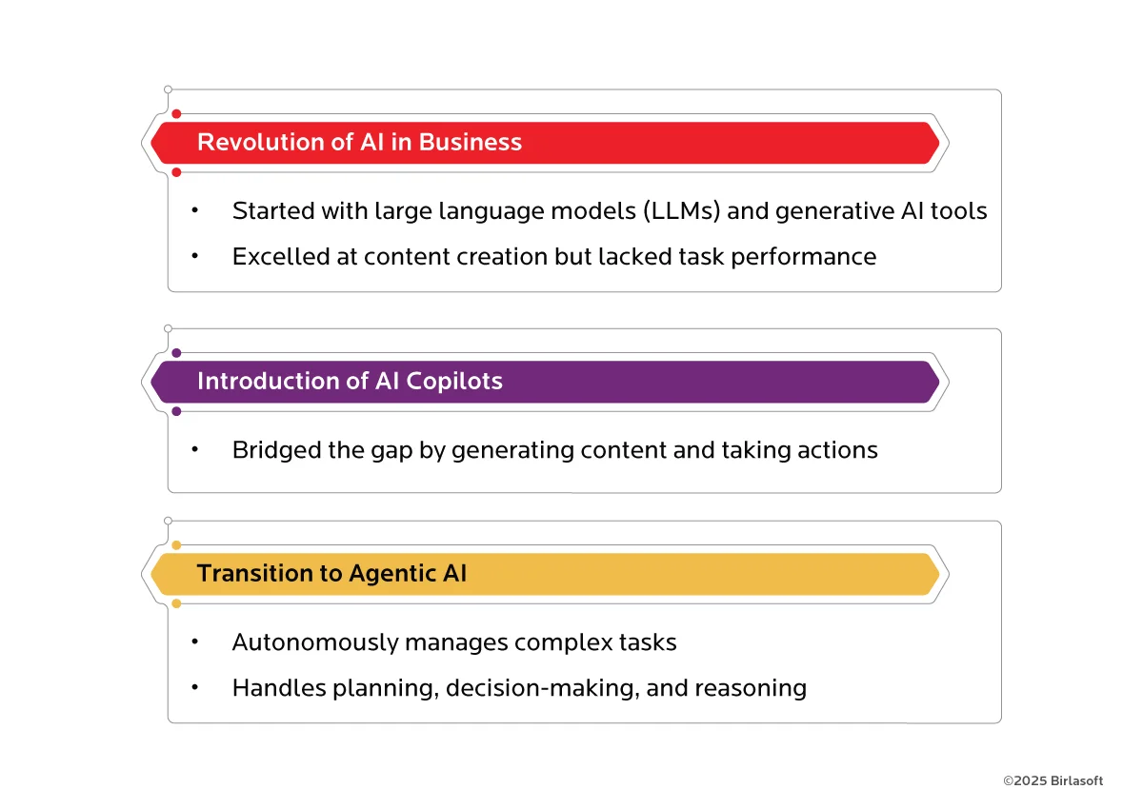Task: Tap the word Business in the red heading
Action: pyautogui.click(x=471, y=143)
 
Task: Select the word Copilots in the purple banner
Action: pyautogui.click(x=454, y=382)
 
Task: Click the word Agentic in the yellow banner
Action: pyautogui.click(x=391, y=574)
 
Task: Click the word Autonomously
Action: pyautogui.click(x=314, y=643)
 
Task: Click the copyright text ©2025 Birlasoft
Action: pyautogui.click(x=1053, y=780)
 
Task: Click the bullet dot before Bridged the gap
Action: pyautogui.click(x=194, y=449)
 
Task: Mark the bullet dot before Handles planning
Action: pyautogui.click(x=194, y=687)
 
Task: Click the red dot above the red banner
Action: pyautogui.click(x=176, y=114)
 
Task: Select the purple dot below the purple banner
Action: pyautogui.click(x=176, y=411)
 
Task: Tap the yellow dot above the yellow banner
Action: pyautogui.click(x=176, y=545)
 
